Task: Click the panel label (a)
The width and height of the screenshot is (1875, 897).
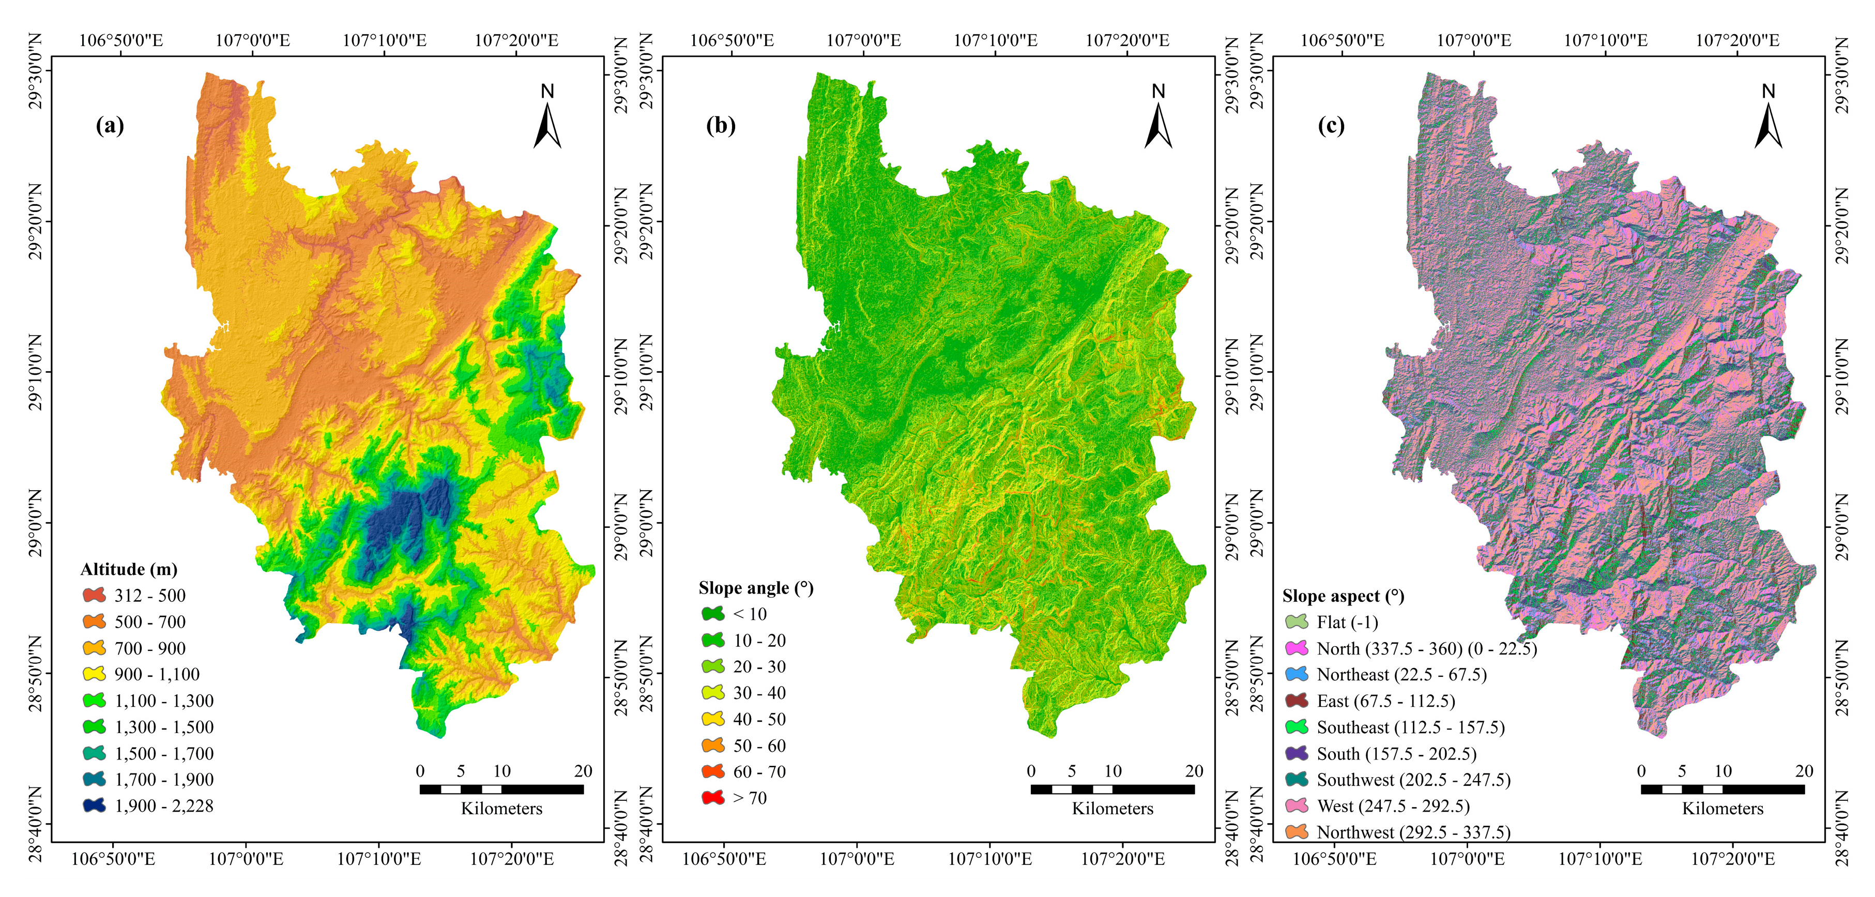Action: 110,126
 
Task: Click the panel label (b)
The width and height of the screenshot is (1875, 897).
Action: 721,126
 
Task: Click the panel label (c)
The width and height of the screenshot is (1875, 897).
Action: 1331,126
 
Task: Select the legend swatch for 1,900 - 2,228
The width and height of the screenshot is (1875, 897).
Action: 94,806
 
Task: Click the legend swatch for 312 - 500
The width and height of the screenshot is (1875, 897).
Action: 94,596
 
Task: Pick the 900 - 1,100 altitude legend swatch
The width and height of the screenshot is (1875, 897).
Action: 94,674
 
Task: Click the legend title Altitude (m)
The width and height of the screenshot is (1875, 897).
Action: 129,569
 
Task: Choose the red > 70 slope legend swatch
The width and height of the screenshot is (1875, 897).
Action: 712,798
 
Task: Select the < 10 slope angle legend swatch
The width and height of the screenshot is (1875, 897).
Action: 712,614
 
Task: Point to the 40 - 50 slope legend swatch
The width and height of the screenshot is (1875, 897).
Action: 712,719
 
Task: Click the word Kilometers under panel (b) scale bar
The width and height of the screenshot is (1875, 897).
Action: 1112,809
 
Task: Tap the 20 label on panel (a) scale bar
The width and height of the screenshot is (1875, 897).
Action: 583,771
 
